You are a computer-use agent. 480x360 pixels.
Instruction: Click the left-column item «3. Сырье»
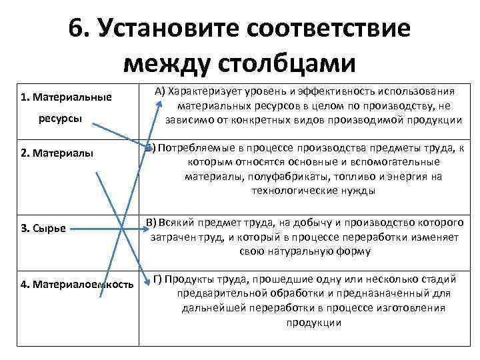tap(43, 229)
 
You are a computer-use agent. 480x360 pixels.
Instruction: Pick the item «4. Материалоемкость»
tap(77, 284)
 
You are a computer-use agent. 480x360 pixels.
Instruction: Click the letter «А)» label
tap(160, 92)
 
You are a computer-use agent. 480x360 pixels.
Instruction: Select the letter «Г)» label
tap(158, 279)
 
